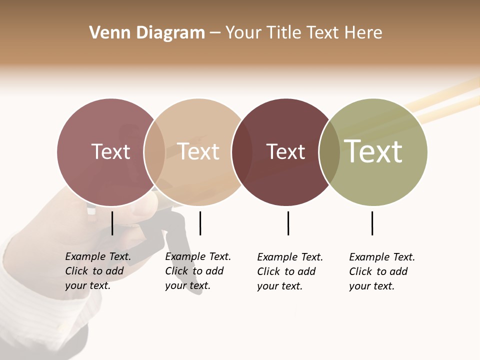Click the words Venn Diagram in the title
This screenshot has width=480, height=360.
click(x=147, y=33)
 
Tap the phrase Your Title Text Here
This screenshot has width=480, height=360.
click(x=303, y=33)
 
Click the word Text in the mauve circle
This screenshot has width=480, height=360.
click(x=110, y=151)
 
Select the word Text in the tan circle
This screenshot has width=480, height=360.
click(x=198, y=151)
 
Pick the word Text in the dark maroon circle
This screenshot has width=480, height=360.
click(x=285, y=151)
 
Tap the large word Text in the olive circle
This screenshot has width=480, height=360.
click(x=373, y=151)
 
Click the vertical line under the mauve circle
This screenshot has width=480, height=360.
click(x=112, y=223)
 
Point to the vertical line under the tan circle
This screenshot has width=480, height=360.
click(x=200, y=223)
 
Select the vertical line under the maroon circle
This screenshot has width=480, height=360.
click(x=288, y=223)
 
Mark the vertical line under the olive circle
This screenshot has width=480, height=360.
click(x=372, y=223)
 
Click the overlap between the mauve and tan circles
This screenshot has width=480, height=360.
click(x=154, y=152)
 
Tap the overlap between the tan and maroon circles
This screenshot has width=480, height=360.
click(x=241, y=152)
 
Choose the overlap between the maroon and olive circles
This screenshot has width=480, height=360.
click(x=329, y=152)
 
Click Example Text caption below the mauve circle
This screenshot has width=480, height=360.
click(x=98, y=271)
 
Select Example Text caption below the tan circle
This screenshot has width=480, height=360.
click(x=198, y=271)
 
